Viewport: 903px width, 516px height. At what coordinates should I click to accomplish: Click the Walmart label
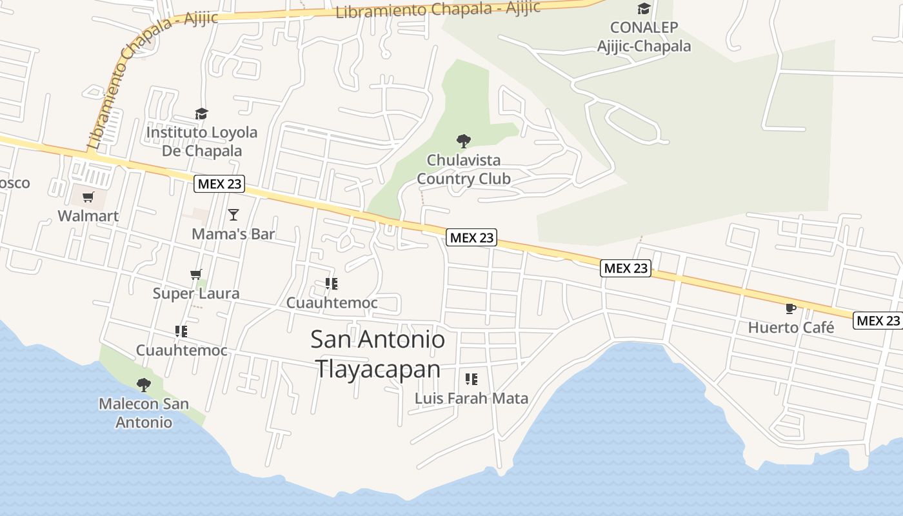tap(88, 215)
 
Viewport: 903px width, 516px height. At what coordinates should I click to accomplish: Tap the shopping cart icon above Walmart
tap(88, 197)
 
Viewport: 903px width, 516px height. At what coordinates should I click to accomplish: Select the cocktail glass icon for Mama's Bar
tap(233, 214)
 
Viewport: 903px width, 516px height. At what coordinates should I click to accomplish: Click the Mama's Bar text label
tap(233, 233)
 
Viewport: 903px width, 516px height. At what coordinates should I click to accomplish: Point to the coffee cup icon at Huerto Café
tap(791, 308)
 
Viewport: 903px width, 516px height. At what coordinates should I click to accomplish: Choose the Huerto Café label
tap(791, 327)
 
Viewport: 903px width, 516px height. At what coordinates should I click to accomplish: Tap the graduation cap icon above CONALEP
tap(644, 8)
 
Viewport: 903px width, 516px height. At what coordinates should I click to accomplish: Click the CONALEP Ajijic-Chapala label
tap(644, 37)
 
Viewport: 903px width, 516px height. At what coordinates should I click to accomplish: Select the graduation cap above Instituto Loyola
tap(201, 114)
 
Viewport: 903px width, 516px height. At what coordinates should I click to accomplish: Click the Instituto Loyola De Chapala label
tap(201, 141)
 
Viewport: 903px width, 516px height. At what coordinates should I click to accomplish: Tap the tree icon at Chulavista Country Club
tap(463, 141)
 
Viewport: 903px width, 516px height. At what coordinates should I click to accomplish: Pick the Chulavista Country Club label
tap(463, 169)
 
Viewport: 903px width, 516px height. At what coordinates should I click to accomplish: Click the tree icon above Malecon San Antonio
tap(144, 385)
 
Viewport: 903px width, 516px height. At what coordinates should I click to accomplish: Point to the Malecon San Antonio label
tap(144, 413)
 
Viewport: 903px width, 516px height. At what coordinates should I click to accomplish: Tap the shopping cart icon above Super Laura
tap(196, 275)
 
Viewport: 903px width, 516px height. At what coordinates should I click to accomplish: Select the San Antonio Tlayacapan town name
tap(378, 354)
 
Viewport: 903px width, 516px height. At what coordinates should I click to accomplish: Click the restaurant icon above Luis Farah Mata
tap(471, 379)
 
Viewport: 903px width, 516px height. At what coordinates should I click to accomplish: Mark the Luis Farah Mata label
tap(471, 398)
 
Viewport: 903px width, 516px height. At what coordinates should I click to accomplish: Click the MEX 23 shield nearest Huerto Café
tap(878, 320)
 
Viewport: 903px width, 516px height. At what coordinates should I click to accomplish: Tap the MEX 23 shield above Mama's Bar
tap(219, 184)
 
